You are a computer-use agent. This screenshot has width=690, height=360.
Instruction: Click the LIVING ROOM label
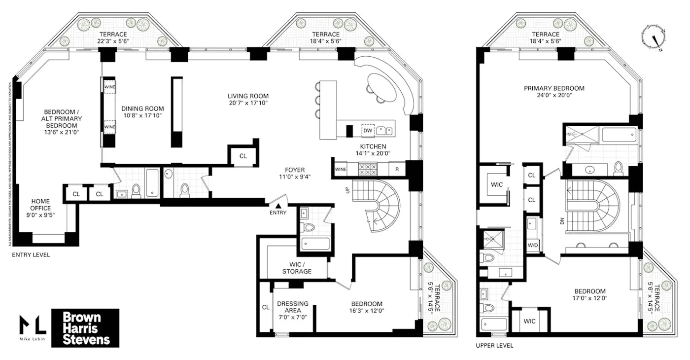(x=248, y=99)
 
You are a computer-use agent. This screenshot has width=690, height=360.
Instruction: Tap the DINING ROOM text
(x=143, y=112)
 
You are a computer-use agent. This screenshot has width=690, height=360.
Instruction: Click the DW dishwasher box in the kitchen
(x=368, y=130)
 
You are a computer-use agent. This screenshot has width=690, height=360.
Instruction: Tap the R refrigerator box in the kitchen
(x=396, y=169)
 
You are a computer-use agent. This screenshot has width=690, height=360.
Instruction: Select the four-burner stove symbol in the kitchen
(x=367, y=169)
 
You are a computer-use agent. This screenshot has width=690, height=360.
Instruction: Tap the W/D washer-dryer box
(x=533, y=245)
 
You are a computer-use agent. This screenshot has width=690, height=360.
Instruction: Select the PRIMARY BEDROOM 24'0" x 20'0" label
(x=554, y=92)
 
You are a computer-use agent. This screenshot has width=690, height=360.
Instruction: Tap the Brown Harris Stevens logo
(x=85, y=328)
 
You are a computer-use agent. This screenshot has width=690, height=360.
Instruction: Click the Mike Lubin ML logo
(x=33, y=328)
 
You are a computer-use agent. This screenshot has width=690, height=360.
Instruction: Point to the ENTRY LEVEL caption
(x=31, y=255)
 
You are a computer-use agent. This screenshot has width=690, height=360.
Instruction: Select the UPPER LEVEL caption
(x=494, y=346)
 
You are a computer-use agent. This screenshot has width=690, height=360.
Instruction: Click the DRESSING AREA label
(x=293, y=307)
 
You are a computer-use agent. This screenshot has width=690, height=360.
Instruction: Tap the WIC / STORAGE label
(x=297, y=268)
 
